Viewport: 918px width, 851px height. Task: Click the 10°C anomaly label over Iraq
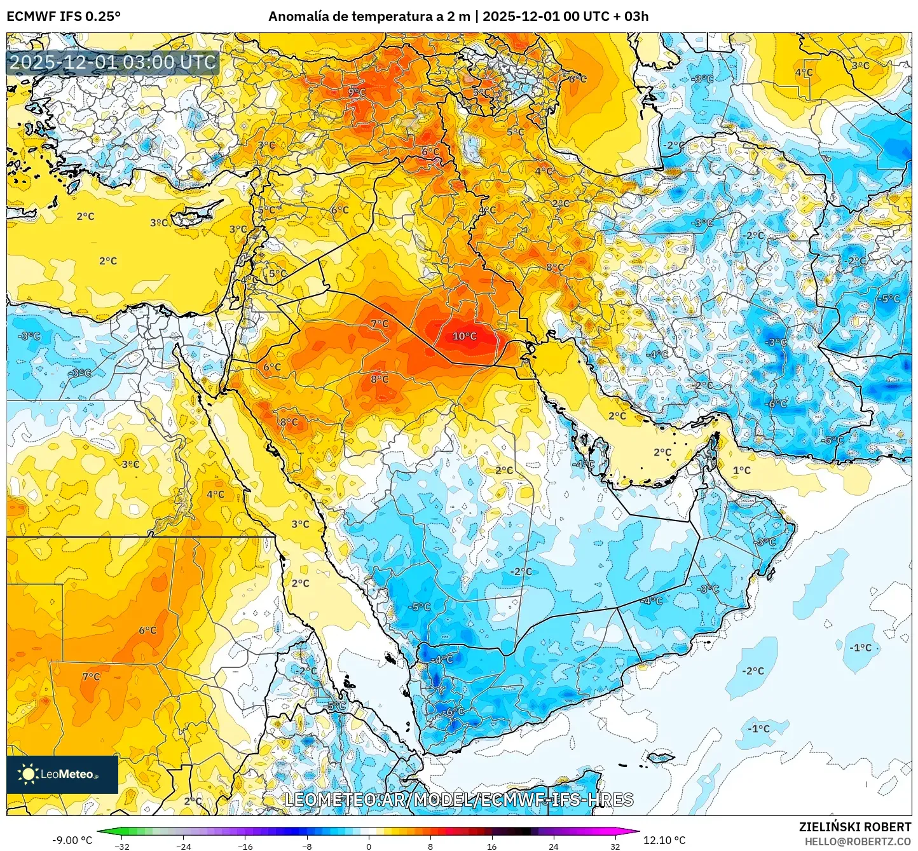click(x=464, y=336)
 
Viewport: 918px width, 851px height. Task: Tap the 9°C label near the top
click(x=357, y=92)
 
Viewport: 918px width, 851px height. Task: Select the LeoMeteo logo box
click(x=62, y=774)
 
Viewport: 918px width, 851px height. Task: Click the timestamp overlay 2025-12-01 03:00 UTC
click(x=113, y=62)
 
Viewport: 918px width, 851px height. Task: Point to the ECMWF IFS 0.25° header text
click(x=64, y=17)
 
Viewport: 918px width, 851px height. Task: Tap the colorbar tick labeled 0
click(x=368, y=847)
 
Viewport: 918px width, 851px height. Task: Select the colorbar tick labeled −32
click(x=122, y=847)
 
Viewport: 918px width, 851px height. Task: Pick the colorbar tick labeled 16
click(x=491, y=847)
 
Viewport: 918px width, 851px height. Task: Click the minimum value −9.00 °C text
click(x=72, y=840)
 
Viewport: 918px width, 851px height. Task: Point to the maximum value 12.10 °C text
click(x=664, y=840)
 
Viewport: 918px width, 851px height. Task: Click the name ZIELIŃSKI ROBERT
click(x=855, y=827)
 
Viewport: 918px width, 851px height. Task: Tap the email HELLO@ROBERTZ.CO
click(x=858, y=841)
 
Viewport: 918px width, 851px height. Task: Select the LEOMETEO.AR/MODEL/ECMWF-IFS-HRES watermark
click(x=458, y=800)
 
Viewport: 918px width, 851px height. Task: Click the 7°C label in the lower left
click(x=91, y=677)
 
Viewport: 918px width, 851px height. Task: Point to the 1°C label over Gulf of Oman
click(x=741, y=470)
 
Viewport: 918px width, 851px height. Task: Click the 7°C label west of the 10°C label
click(x=380, y=323)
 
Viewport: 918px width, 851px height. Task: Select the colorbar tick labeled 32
click(x=615, y=847)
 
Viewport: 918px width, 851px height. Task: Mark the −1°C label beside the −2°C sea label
click(x=861, y=648)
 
